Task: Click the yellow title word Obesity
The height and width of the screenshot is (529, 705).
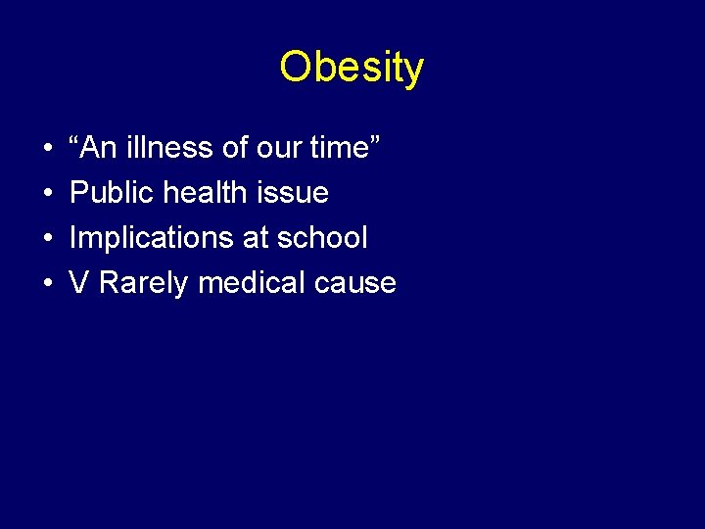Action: click(x=352, y=68)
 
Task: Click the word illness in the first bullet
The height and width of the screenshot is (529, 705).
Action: click(x=169, y=148)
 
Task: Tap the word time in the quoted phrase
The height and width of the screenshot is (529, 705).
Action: click(x=341, y=148)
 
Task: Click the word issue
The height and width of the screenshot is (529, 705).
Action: click(x=291, y=193)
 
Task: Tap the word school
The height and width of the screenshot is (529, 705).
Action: click(x=321, y=238)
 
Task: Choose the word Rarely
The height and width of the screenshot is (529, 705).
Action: click(x=144, y=283)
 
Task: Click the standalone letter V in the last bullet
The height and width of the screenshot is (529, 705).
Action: click(x=79, y=283)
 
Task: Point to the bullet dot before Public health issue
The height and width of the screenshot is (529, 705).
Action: click(x=48, y=194)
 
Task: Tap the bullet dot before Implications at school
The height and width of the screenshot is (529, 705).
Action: click(x=48, y=239)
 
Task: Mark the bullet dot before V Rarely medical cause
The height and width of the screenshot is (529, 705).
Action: click(x=48, y=284)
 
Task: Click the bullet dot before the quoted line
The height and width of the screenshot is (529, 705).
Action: click(x=48, y=149)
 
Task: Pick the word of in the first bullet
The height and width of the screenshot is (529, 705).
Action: click(x=235, y=148)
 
